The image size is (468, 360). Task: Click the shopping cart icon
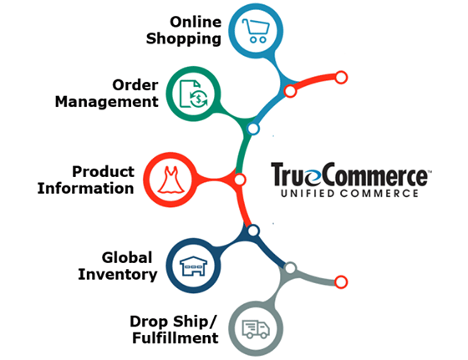tap(256, 31)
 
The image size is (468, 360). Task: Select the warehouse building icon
tap(193, 266)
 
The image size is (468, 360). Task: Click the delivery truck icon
tap(256, 329)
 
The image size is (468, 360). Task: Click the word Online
tap(196, 22)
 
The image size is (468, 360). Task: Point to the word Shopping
tap(184, 39)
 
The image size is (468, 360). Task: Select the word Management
tap(107, 102)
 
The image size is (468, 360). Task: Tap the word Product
tap(104, 172)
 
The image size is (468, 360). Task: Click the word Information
tap(85, 189)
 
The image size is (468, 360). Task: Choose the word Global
tap(127, 258)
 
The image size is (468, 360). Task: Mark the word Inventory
tap(118, 275)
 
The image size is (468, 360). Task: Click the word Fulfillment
tap(175, 338)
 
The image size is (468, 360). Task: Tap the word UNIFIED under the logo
tap(308, 194)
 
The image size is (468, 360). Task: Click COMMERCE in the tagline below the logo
tap(379, 194)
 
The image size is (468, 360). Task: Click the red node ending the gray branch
tap(341, 281)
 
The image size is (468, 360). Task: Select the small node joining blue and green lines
tap(253, 129)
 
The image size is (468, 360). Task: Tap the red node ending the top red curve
tap(341, 78)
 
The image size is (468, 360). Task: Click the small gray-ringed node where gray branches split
tap(290, 268)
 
